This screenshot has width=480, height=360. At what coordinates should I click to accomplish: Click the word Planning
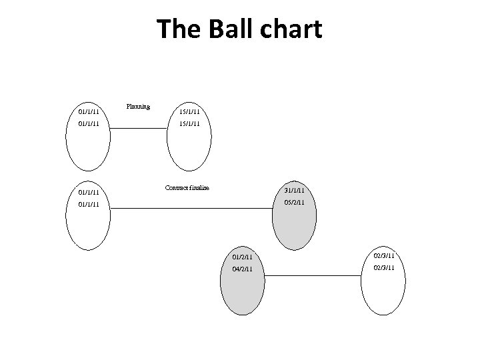point(138,107)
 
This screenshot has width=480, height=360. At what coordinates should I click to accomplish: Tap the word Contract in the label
point(177,188)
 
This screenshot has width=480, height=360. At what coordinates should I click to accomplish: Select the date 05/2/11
point(294,202)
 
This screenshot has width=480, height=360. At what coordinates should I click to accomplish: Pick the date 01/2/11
point(242,257)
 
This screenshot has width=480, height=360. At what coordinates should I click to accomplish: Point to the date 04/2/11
point(242,269)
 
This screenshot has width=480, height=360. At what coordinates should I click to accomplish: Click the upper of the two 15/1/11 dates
point(189,111)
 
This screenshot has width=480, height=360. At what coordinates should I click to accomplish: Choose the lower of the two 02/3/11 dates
point(384,268)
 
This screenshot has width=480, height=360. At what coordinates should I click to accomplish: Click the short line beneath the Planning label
point(139,127)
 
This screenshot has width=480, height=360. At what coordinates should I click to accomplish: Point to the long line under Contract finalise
point(193,209)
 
